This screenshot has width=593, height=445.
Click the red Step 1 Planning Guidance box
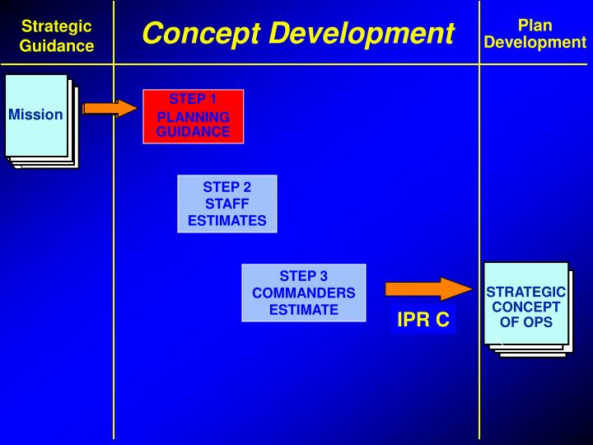point(194,116)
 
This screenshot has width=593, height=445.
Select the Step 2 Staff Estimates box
point(227,204)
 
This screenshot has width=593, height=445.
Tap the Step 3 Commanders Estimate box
point(303,293)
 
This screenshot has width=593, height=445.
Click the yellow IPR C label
point(423,320)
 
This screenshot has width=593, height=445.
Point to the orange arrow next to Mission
point(110,108)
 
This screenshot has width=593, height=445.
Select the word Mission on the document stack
point(35,115)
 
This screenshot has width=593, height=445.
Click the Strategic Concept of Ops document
point(526,307)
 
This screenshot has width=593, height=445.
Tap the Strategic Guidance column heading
point(57,36)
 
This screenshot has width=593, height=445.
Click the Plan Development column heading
point(535,34)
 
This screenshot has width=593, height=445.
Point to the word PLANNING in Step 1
point(194,117)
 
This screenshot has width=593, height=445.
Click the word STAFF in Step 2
point(227,204)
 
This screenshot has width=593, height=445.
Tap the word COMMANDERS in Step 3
point(304,293)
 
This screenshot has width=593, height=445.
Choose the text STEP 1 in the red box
point(194,100)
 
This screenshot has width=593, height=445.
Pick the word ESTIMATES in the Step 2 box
point(227,220)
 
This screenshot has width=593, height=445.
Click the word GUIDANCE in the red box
point(194,132)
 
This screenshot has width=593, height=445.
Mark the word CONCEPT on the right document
point(526,307)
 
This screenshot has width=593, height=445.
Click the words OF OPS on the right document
point(526,322)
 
